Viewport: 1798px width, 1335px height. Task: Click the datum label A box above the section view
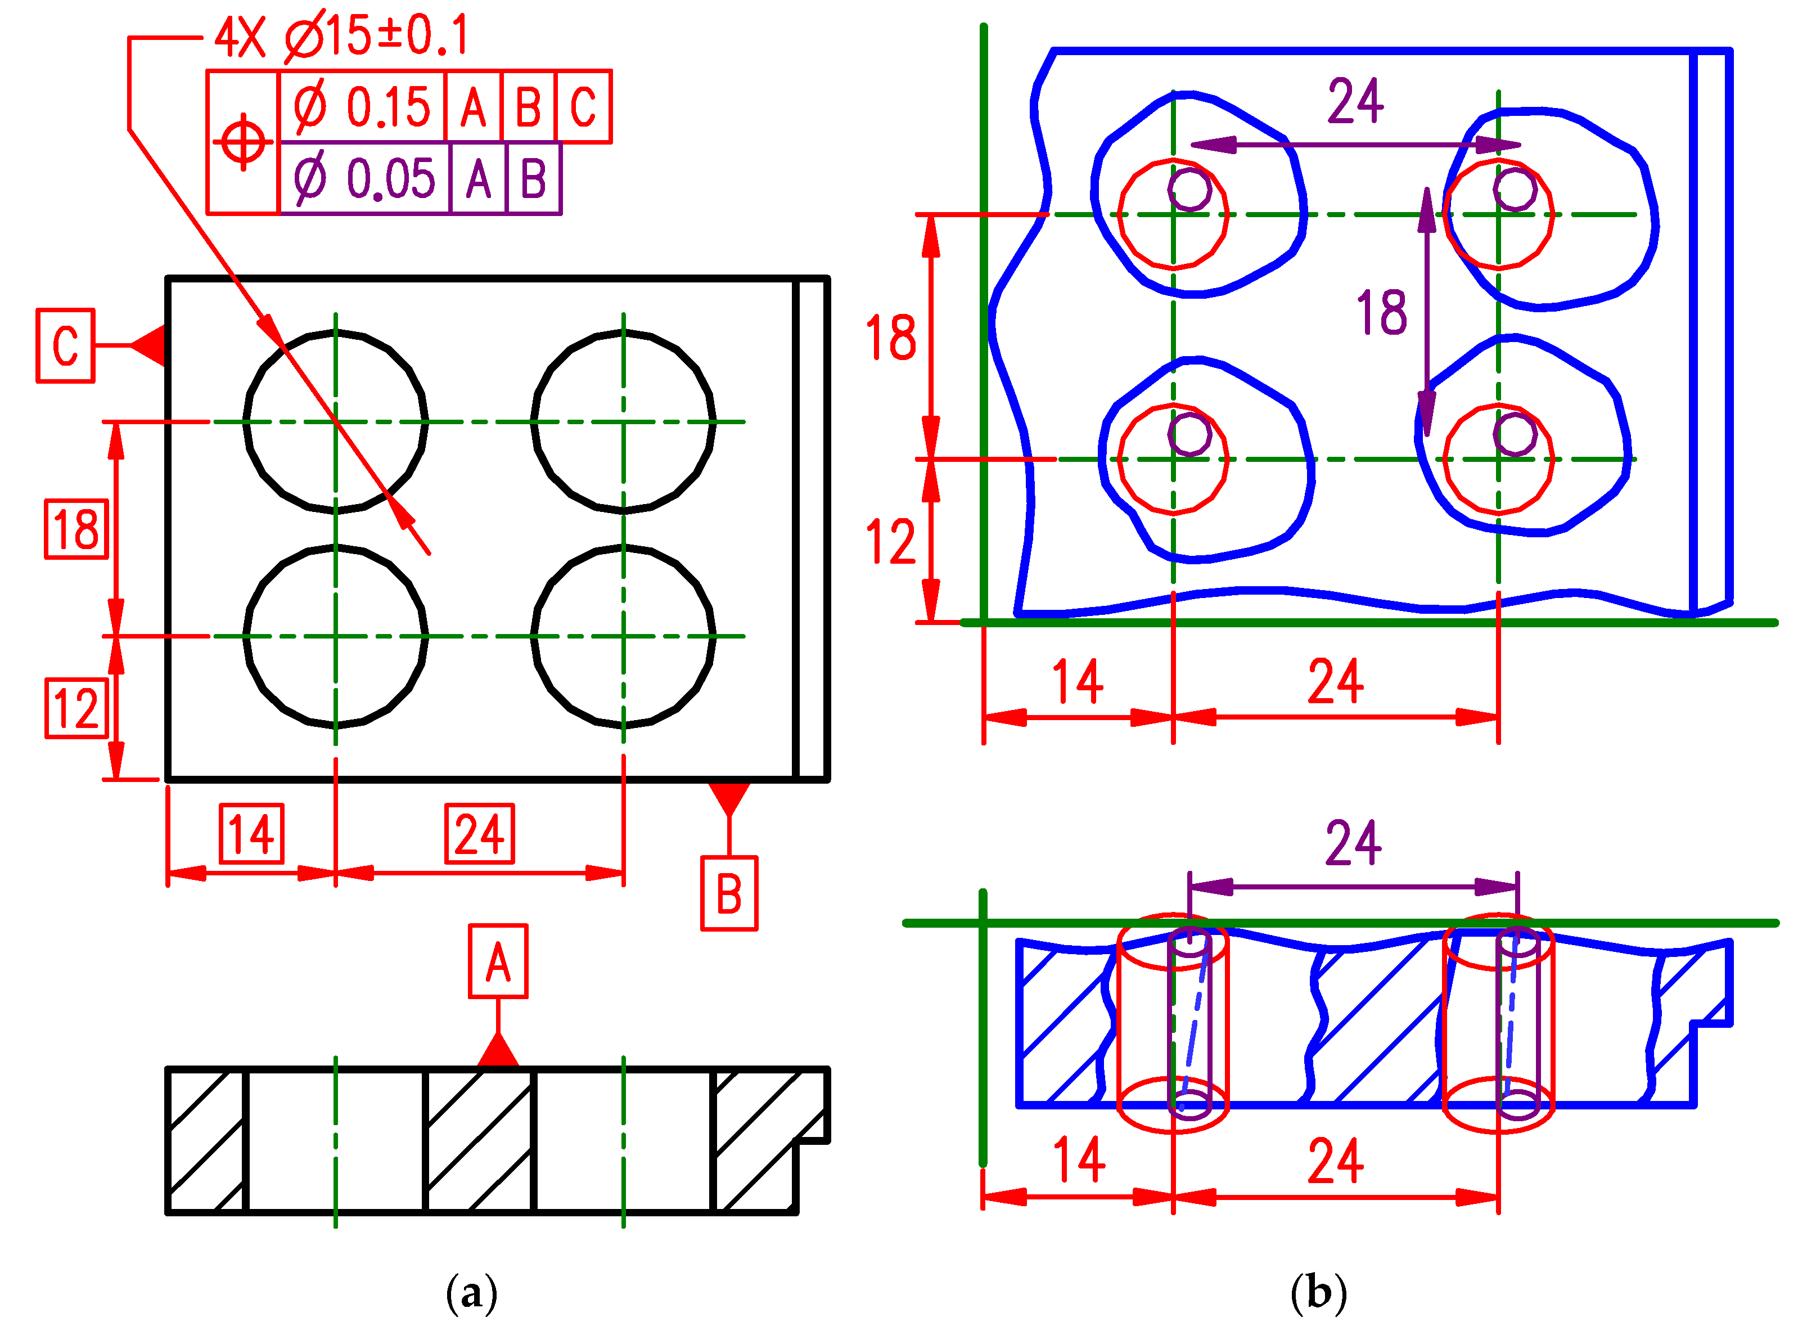[498, 961]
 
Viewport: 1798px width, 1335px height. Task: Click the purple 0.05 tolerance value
[390, 178]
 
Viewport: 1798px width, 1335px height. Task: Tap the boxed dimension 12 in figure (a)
[76, 708]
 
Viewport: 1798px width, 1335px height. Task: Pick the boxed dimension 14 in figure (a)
[252, 833]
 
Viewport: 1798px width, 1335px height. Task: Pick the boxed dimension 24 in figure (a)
[480, 833]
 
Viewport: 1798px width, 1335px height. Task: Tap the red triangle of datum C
[150, 345]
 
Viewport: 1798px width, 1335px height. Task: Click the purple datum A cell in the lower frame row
[478, 178]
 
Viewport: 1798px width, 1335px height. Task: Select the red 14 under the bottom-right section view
[1079, 1159]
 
